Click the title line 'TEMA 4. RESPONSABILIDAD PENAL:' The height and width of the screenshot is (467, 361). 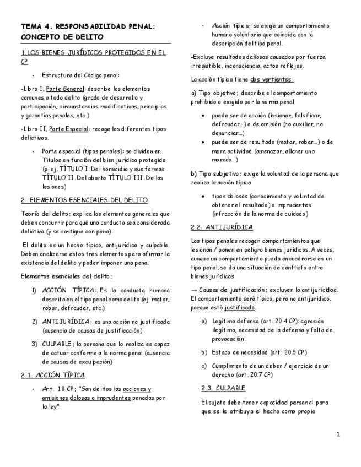click(x=88, y=26)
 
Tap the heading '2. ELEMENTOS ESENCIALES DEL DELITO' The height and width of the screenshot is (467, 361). click(x=84, y=199)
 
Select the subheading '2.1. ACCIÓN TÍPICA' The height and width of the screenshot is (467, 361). click(x=52, y=375)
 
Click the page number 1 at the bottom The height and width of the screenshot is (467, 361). click(x=338, y=435)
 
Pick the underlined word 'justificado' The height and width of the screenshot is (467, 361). click(x=227, y=307)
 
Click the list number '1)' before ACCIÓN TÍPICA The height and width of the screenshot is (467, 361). click(x=34, y=290)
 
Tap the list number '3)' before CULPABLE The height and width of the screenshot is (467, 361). click(x=34, y=344)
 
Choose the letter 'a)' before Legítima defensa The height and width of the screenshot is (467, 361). click(x=204, y=321)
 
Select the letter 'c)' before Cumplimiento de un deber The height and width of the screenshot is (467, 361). click(x=204, y=366)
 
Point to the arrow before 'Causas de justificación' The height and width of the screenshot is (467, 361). click(x=193, y=290)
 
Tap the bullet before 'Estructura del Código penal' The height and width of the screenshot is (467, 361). click(x=34, y=75)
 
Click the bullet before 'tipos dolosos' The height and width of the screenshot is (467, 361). click(x=203, y=196)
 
